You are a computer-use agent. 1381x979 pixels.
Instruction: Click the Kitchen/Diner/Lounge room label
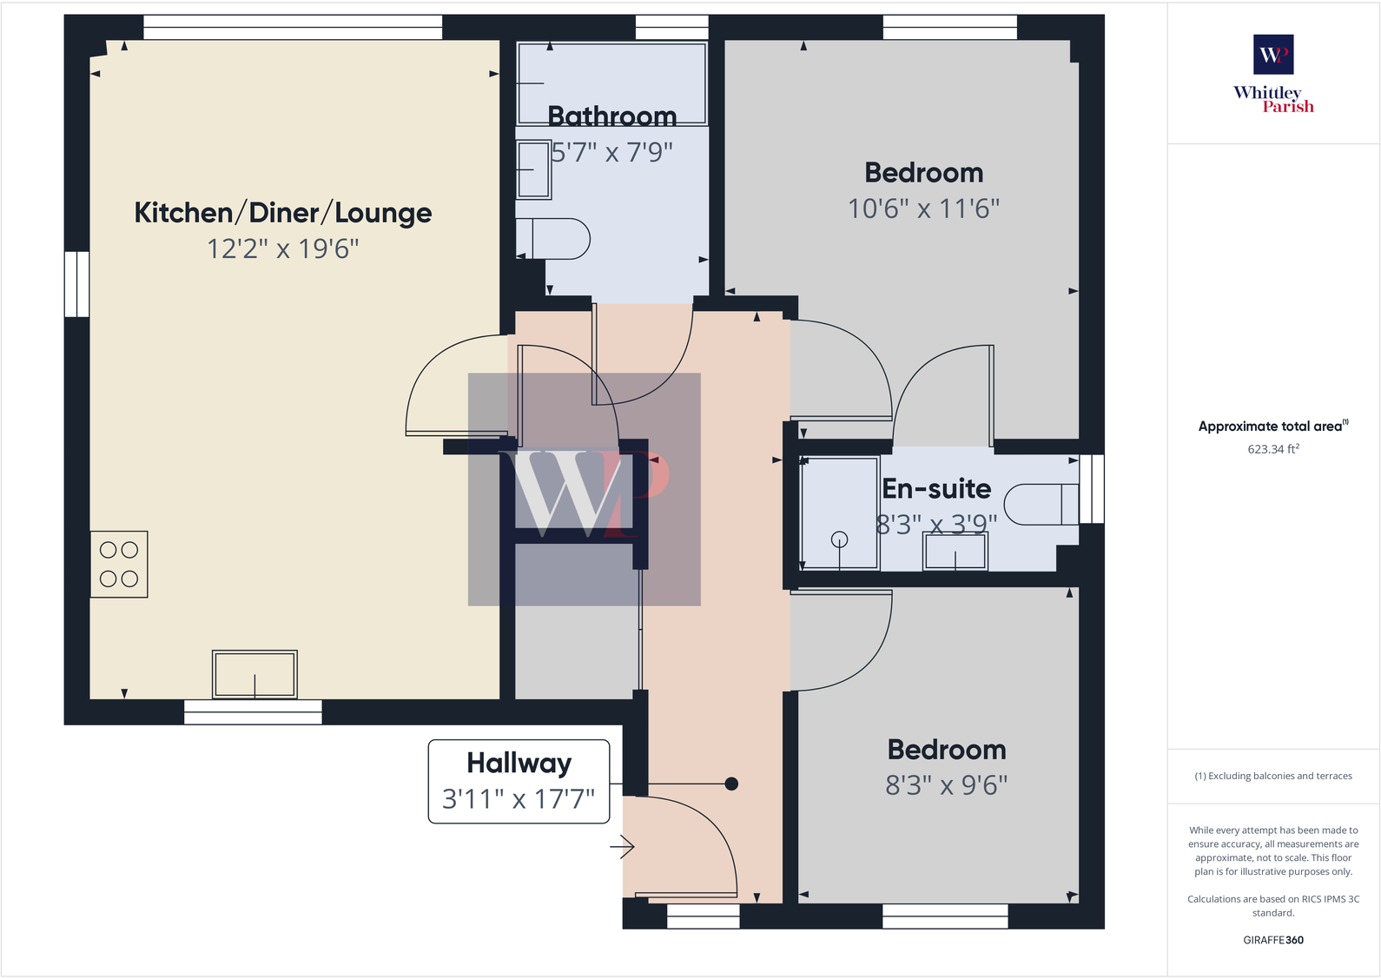pos(282,213)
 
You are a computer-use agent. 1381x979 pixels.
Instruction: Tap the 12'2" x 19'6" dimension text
pos(282,249)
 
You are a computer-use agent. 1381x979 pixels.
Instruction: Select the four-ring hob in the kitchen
pos(119,565)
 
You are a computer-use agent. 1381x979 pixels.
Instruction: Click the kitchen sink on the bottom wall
pos(254,675)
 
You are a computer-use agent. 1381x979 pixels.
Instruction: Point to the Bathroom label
pos(611,116)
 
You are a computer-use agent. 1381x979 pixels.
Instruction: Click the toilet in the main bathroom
pos(556,239)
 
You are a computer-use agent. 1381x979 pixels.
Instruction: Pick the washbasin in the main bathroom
pos(532,169)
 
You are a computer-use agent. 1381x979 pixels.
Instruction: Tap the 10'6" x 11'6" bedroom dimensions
pos(923,209)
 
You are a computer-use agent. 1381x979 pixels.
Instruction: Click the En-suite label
pos(936,489)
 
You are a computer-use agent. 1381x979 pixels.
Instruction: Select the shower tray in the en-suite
pos(839,513)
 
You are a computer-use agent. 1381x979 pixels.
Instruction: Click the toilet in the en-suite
pos(1041,504)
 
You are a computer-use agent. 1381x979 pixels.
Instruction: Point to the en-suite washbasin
pos(955,552)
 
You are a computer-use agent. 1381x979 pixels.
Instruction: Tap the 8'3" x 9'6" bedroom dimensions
pos(946,785)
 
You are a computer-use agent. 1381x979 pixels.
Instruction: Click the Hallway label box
pos(519,781)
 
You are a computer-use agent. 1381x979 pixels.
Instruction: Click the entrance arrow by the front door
pos(623,846)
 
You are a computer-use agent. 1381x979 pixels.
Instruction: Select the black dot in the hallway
pos(731,784)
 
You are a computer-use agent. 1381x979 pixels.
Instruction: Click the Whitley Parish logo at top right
pos(1273,74)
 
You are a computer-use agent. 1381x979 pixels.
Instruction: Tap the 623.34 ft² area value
pos(1272,449)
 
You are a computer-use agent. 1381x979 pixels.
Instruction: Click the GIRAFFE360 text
pos(1272,940)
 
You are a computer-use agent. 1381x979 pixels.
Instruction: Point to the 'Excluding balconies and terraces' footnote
pos(1272,776)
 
